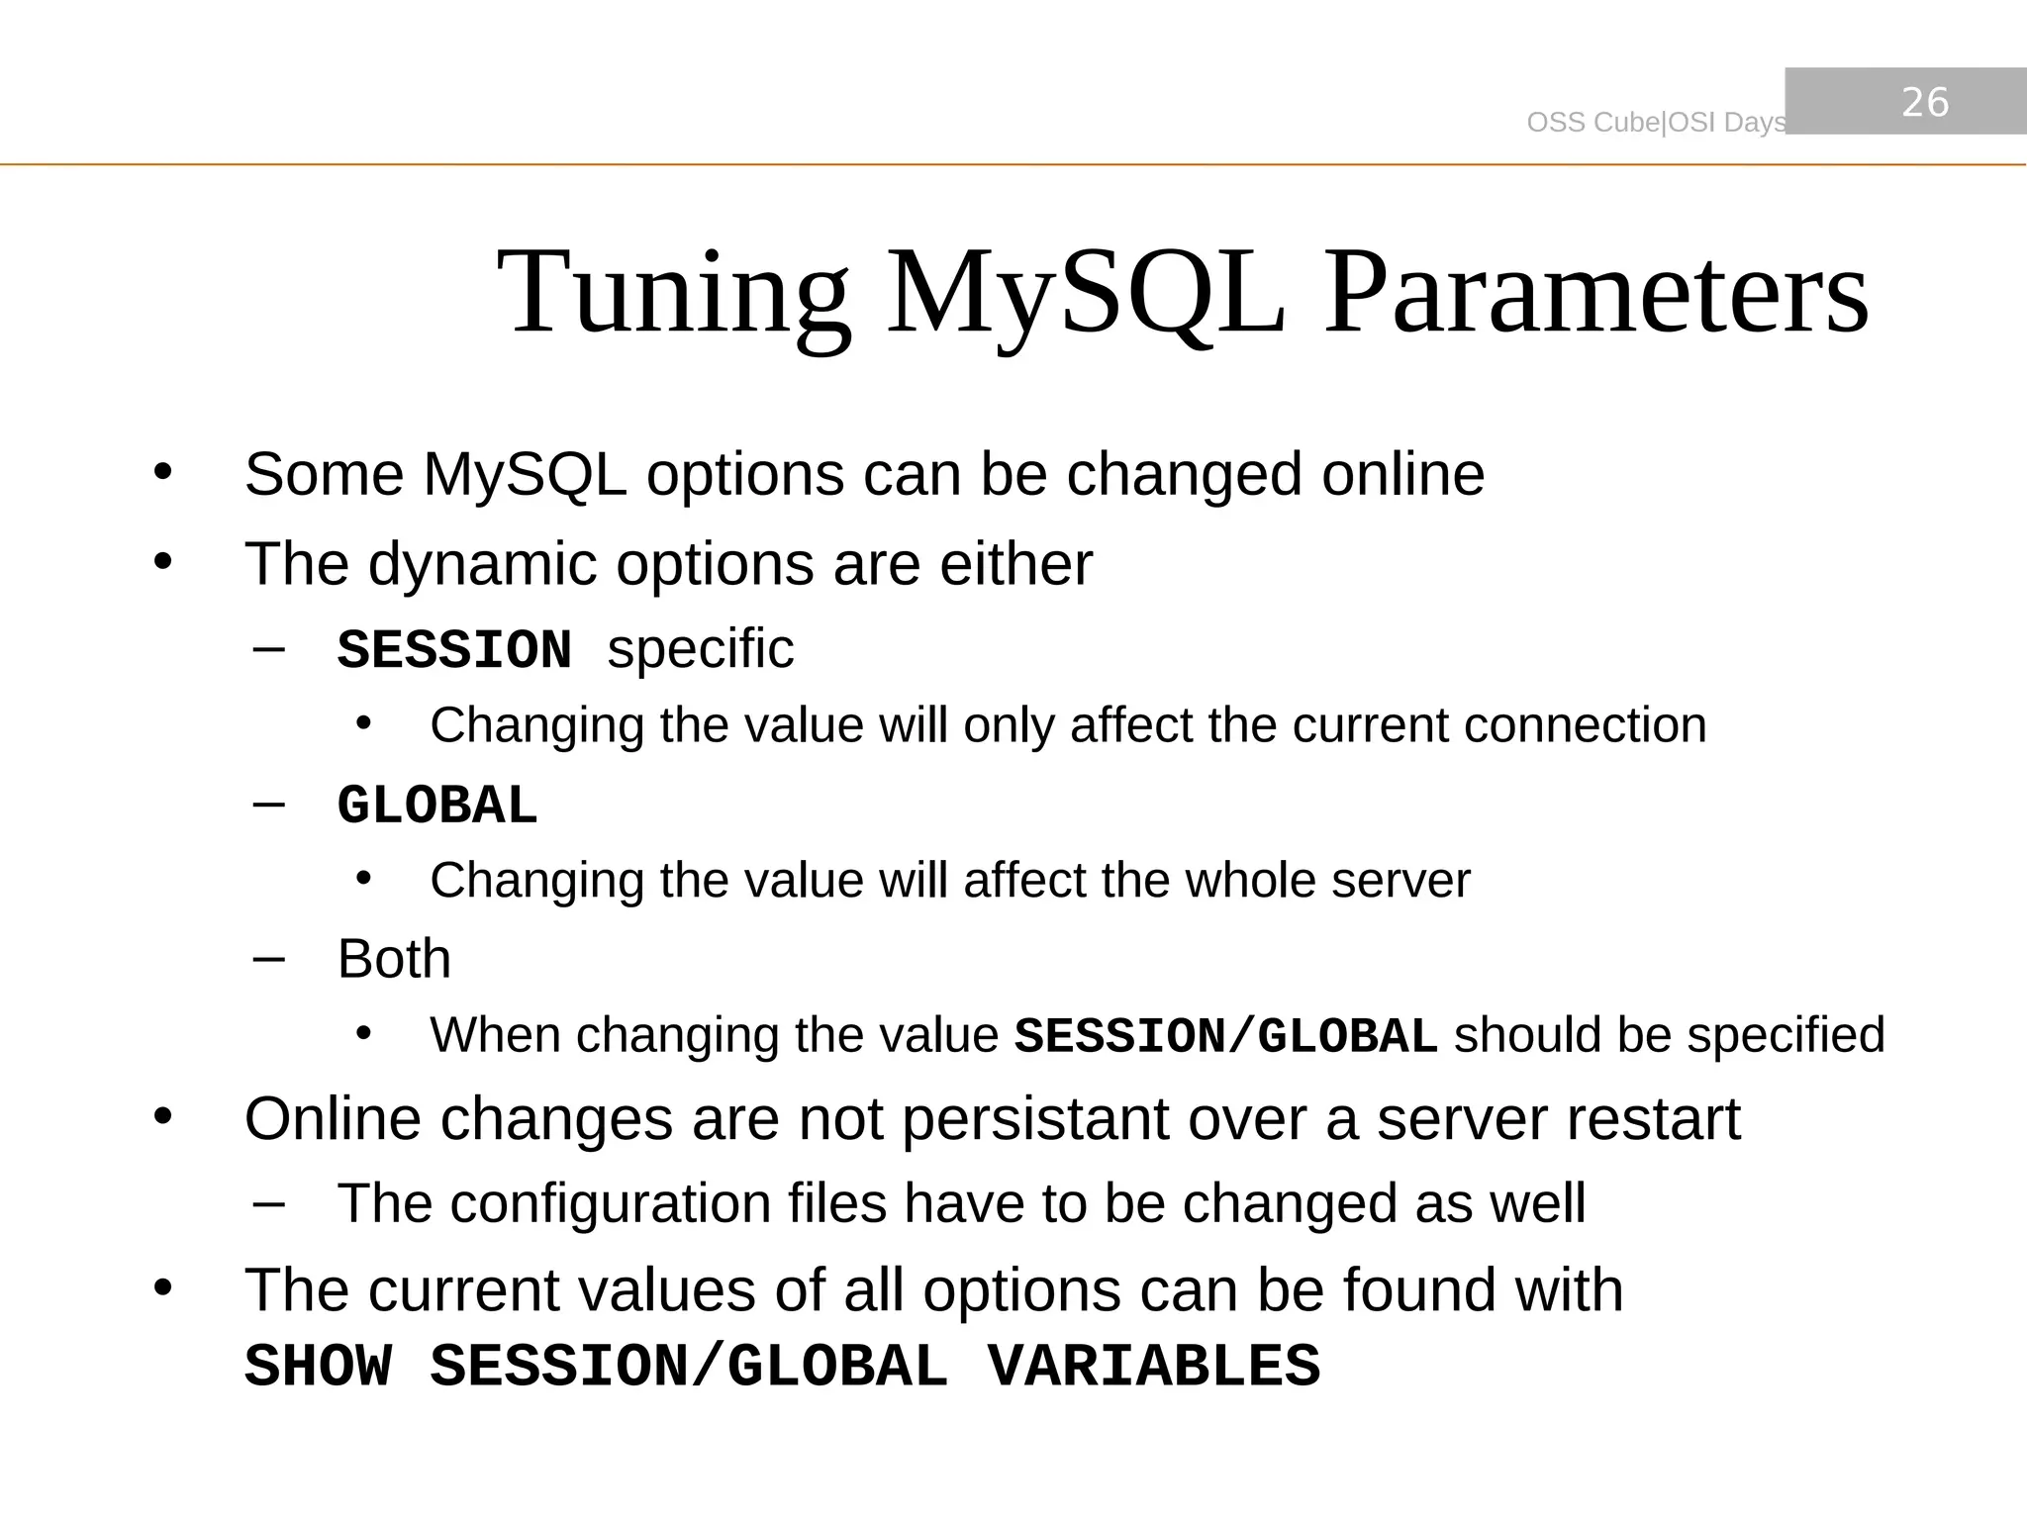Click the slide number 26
[x=1925, y=102]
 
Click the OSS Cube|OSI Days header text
[x=1656, y=123]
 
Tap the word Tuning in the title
[x=673, y=294]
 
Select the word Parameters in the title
[x=1595, y=294]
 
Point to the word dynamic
[x=483, y=566]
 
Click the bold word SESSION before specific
[x=454, y=651]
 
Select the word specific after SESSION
[x=700, y=650]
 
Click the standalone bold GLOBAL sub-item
[x=436, y=806]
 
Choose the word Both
[x=394, y=959]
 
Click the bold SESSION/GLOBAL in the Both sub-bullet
[x=1225, y=1037]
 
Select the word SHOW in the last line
[x=318, y=1368]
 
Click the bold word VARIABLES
[x=1153, y=1368]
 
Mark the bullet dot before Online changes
[x=163, y=1118]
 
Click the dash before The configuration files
[x=268, y=1204]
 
